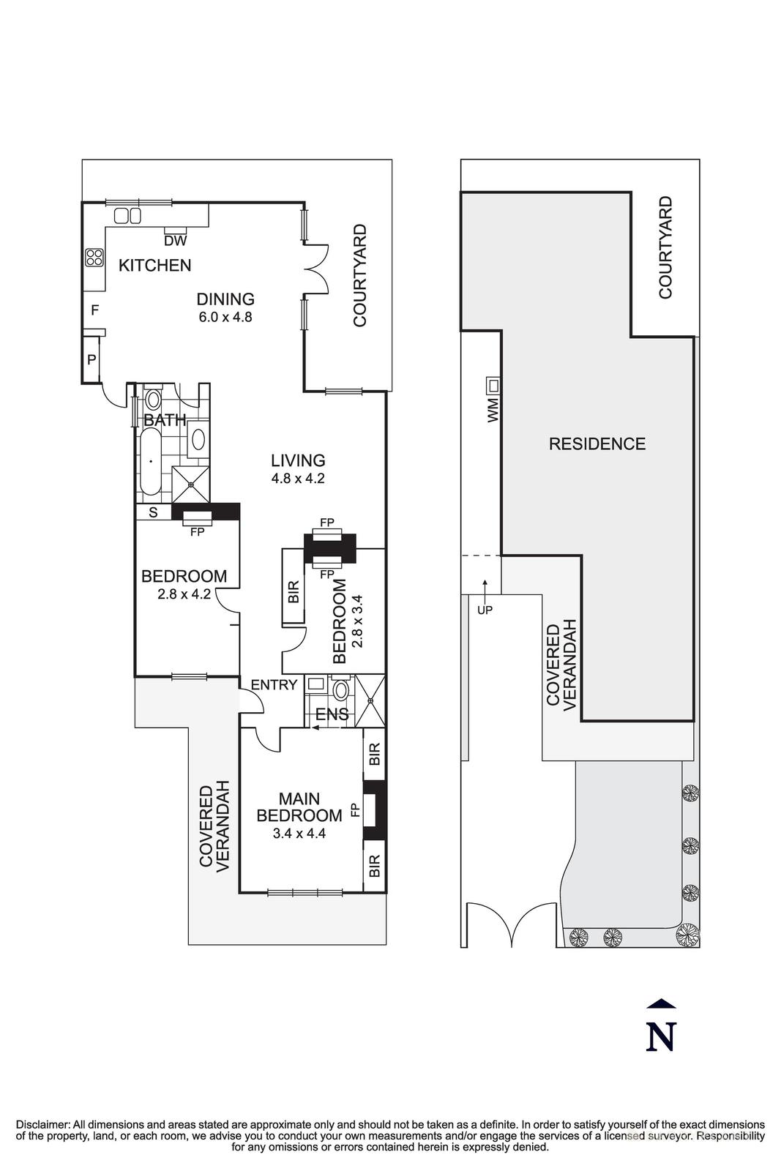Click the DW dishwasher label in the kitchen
[175, 240]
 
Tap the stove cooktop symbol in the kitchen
[94, 257]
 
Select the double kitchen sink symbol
[128, 215]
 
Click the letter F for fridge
[94, 310]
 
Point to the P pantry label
[91, 359]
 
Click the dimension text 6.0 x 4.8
[225, 318]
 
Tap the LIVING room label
[298, 460]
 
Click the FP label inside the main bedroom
[355, 809]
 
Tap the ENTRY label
[274, 685]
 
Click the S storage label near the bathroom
[153, 512]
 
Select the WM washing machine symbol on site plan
[494, 385]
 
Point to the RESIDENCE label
[597, 444]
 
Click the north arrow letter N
[660, 1036]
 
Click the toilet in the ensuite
[340, 689]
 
